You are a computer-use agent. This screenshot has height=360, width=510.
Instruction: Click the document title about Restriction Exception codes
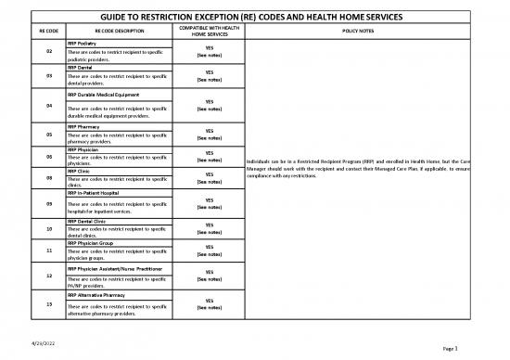click(254, 18)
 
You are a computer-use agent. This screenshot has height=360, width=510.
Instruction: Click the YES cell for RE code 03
click(209, 76)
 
